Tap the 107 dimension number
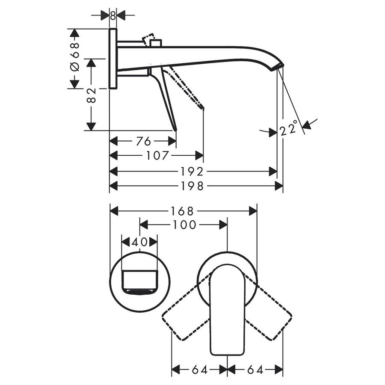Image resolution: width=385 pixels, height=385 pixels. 156,155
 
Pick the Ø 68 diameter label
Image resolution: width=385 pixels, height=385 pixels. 74,59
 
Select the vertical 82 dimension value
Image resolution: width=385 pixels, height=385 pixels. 91,95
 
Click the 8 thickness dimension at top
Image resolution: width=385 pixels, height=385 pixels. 113,15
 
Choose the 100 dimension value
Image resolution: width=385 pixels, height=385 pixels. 184,225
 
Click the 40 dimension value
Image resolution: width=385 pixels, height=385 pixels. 139,242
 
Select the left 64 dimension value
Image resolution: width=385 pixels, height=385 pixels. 198,369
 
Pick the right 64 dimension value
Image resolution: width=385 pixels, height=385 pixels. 255,369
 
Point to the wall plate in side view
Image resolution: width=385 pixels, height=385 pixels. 113,59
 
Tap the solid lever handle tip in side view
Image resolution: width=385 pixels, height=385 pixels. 175,128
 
